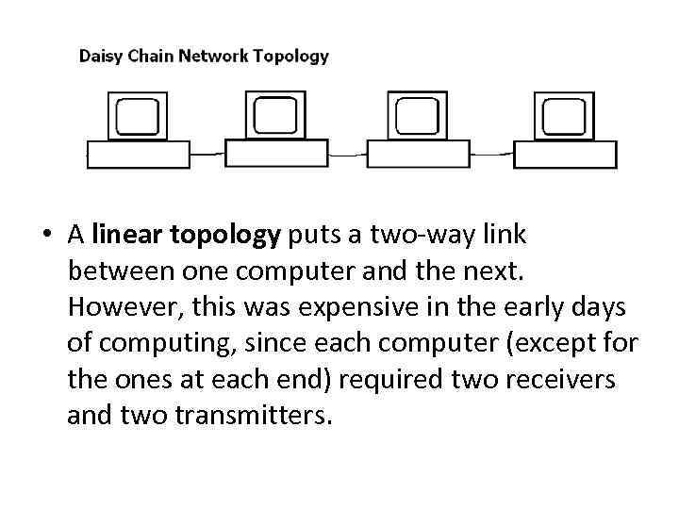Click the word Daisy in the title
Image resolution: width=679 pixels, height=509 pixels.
[99, 56]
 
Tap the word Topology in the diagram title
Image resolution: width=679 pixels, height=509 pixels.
[290, 56]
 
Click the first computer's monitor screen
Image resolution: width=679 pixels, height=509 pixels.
[139, 116]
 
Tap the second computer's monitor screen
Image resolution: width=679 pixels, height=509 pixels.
[276, 115]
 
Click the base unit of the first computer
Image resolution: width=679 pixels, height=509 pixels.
[139, 155]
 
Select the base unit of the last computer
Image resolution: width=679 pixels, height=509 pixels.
[565, 155]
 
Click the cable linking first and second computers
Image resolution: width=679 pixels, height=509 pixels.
[208, 153]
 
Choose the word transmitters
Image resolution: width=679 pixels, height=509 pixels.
[255, 414]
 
